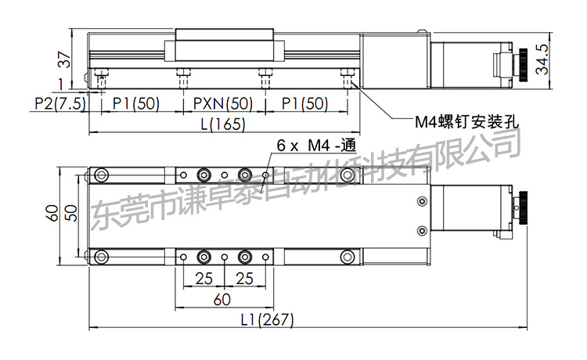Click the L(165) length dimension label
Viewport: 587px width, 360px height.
coord(223,124)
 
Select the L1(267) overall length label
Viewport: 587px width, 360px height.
coord(268,319)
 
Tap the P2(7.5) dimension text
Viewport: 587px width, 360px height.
coord(60,103)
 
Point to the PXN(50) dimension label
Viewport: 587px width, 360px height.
coord(223,103)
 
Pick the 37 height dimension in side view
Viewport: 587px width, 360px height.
coord(64,59)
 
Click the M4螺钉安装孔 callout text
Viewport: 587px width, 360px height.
coord(466,121)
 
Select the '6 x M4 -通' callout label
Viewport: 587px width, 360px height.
coord(316,146)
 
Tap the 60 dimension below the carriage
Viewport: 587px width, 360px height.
coord(222,300)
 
